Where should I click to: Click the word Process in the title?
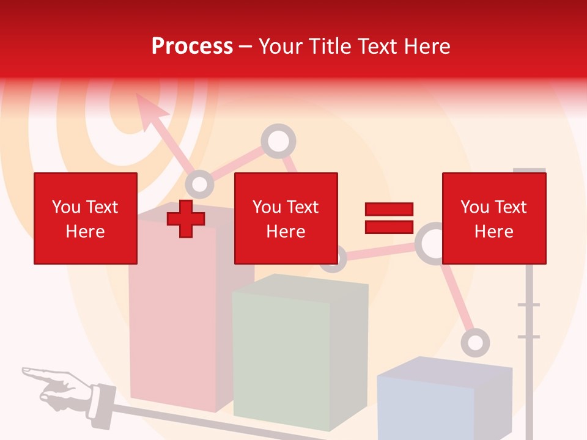click(x=192, y=46)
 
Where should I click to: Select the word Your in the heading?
click(x=281, y=46)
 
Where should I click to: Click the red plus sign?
click(x=186, y=219)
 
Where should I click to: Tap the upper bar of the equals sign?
click(x=389, y=209)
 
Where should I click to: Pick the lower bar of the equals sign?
click(x=389, y=227)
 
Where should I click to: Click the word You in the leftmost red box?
click(x=65, y=207)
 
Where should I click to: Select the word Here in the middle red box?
click(x=286, y=232)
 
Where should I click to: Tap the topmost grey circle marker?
click(x=278, y=141)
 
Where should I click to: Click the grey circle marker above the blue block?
click(x=475, y=342)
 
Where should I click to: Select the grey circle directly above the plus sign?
click(x=199, y=183)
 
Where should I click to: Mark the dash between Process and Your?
click(x=246, y=46)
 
